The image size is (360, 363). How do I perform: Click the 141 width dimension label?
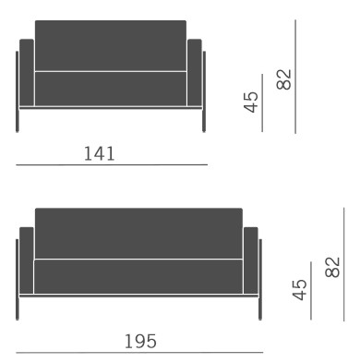click(100, 153)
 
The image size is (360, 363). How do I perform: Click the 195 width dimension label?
click(140, 341)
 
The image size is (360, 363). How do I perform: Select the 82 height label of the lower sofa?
click(333, 269)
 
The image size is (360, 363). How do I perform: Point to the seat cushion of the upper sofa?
click(110, 88)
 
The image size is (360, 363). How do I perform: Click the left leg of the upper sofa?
click(18, 120)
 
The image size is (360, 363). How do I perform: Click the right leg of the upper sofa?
click(204, 120)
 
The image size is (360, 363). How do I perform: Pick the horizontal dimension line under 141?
click(112, 165)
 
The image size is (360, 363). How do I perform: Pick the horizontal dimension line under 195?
click(139, 353)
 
